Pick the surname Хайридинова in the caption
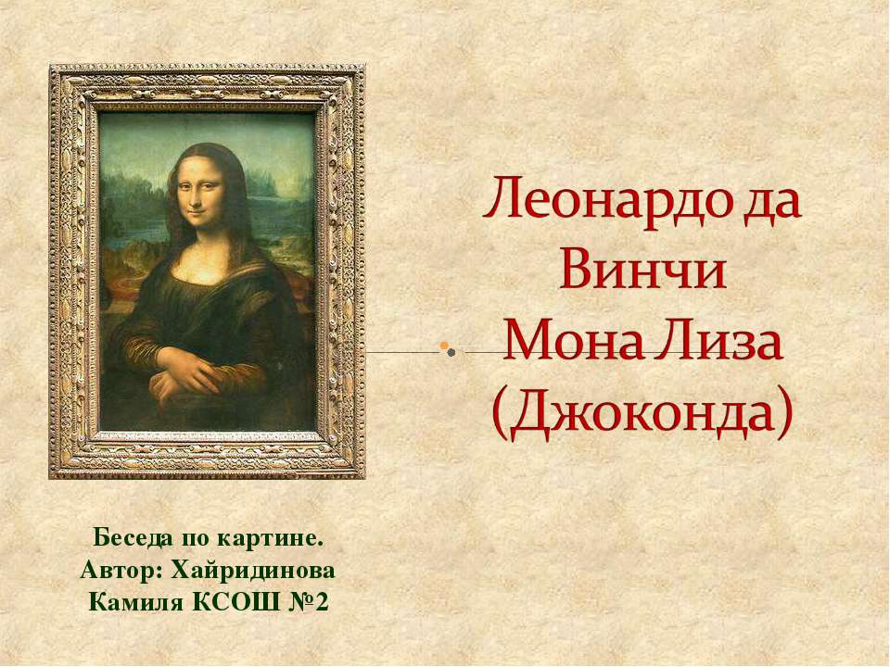(251, 568)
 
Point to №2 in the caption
(307, 602)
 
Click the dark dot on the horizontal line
(450, 352)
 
